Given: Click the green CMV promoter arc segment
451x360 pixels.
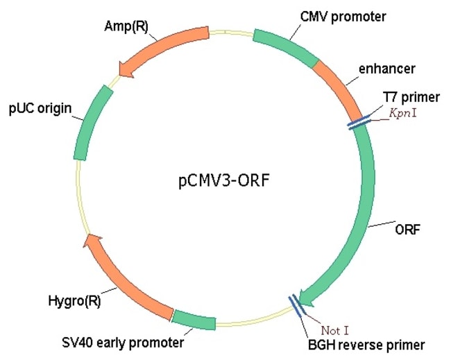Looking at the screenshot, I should point(284,46).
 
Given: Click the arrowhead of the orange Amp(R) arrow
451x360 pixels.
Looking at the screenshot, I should point(127,68).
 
